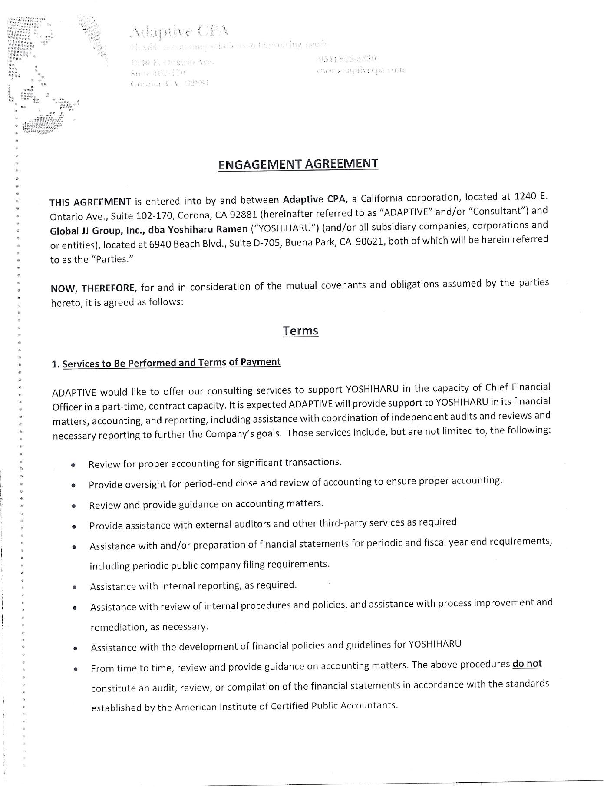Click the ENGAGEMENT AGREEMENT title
point(298,164)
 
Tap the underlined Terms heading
point(300,331)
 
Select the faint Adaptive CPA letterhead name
point(179,31)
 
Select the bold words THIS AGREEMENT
point(90,202)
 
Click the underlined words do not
point(527,664)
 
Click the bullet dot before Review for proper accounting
point(74,465)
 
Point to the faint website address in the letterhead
point(360,69)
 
